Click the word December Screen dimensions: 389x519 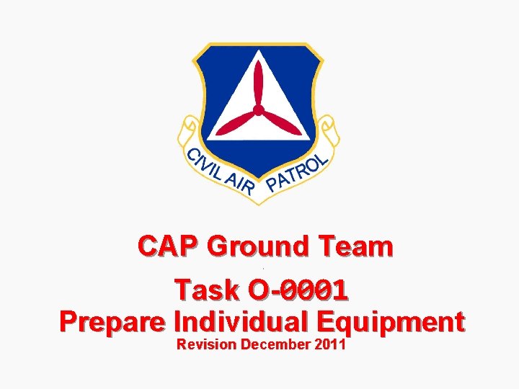278,344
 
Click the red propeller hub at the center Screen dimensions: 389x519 258,109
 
